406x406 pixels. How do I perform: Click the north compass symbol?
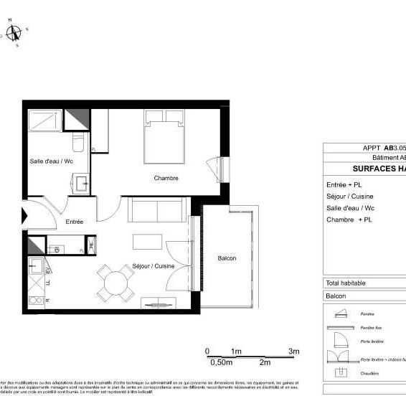pos(14,32)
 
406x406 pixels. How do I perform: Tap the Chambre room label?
pos(166,178)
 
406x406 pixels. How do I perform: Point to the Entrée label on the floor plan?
pos(75,222)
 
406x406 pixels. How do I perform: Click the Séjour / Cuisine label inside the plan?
pos(154,266)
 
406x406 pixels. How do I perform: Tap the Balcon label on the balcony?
pos(227,258)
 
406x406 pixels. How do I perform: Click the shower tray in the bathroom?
pos(46,120)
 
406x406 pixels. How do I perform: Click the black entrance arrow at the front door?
pos(26,215)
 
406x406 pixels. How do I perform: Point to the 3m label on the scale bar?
pos(293,351)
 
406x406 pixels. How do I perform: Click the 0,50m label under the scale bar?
pos(219,362)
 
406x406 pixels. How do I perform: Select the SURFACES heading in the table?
pos(379,169)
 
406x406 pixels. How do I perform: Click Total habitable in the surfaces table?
pos(346,283)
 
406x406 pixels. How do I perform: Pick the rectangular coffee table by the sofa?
pos(147,240)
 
